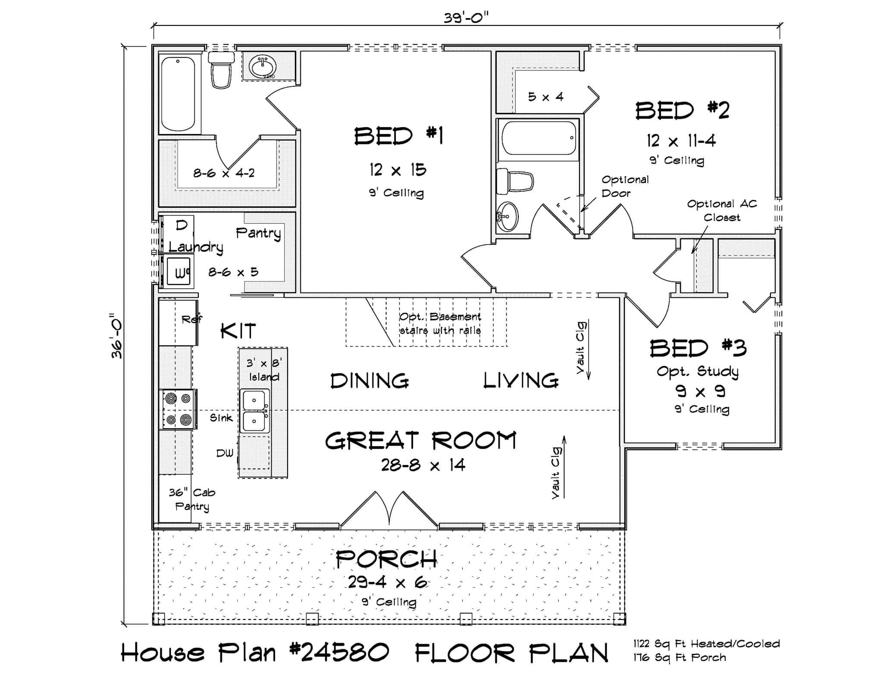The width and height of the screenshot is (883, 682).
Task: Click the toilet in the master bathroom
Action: (x=221, y=70)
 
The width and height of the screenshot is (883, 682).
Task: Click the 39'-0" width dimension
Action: (x=466, y=18)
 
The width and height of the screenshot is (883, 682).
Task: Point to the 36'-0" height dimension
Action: (x=117, y=336)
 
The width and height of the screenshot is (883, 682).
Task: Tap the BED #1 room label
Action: (x=398, y=136)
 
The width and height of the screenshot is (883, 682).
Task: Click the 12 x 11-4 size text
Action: (x=681, y=141)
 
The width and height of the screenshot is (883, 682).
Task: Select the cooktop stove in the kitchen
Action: (x=178, y=409)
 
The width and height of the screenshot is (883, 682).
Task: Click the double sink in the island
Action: (x=254, y=411)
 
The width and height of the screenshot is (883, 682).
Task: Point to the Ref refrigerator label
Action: (x=191, y=319)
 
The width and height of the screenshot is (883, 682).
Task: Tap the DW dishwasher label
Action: (x=225, y=453)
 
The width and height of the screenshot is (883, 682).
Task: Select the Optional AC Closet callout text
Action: (x=722, y=210)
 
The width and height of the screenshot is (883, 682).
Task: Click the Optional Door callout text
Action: (x=625, y=186)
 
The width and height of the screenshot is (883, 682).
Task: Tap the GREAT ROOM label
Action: (x=420, y=441)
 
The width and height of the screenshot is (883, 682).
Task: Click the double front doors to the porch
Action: (x=389, y=511)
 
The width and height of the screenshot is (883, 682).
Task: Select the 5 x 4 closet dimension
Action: (x=546, y=97)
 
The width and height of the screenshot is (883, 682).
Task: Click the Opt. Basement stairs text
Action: (x=440, y=323)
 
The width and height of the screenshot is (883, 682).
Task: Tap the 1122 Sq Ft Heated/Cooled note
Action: (x=706, y=644)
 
